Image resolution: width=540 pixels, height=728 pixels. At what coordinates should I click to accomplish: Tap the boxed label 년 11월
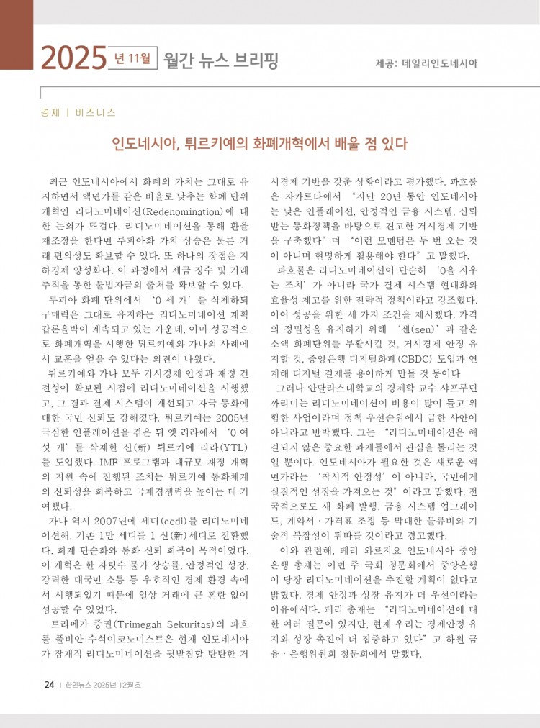pyautogui.click(x=135, y=58)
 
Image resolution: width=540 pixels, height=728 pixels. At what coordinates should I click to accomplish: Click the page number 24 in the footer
pyautogui.click(x=49, y=685)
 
